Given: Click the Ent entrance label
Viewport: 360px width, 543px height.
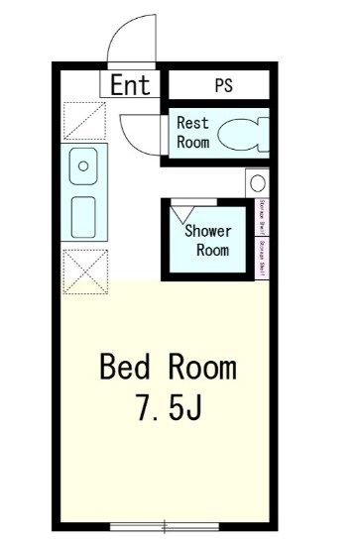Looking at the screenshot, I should coord(130,85).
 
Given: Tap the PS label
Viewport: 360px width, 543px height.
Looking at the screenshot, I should coord(223,85).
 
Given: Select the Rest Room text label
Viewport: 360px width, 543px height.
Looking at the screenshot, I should coord(192,133).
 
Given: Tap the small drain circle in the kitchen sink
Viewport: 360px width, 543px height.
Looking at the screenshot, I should coord(83,164).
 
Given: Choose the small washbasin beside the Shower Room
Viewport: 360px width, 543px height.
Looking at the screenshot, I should coord(257,183).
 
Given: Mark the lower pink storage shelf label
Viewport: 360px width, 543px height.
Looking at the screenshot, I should coord(262,256).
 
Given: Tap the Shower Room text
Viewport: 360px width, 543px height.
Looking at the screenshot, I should coord(208,241).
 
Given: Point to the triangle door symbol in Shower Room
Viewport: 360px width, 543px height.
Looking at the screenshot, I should coord(182,212).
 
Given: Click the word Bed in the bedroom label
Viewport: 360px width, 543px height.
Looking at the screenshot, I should coord(124,368).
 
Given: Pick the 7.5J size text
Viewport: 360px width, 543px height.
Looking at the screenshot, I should coord(169,407).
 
